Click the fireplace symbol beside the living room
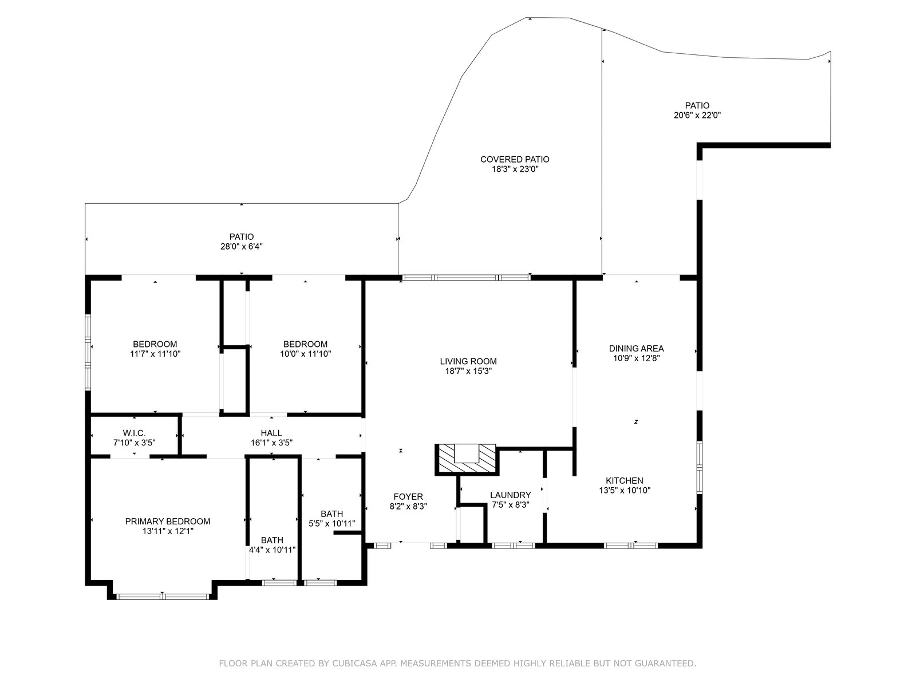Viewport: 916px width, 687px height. pyautogui.click(x=467, y=459)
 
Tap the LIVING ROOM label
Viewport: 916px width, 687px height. pyautogui.click(x=468, y=361)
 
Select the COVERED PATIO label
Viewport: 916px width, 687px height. pyautogui.click(x=515, y=159)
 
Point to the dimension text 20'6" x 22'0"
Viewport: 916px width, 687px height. pyautogui.click(x=697, y=116)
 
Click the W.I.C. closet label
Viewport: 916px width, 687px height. pyautogui.click(x=135, y=433)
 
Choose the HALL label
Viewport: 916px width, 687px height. pyautogui.click(x=271, y=433)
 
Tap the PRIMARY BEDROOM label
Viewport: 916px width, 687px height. pyautogui.click(x=168, y=522)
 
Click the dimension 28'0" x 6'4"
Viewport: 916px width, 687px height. pyautogui.click(x=241, y=247)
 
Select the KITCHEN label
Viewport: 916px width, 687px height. pyautogui.click(x=624, y=480)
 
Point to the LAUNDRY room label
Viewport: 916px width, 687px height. pyautogui.click(x=510, y=495)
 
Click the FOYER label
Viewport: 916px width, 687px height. pyautogui.click(x=408, y=496)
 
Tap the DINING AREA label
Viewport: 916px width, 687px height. pyautogui.click(x=636, y=348)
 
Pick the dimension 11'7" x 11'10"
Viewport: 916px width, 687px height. pyautogui.click(x=155, y=354)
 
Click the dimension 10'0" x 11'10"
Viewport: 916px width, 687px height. pyautogui.click(x=306, y=354)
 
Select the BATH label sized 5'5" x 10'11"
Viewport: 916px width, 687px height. pyautogui.click(x=331, y=514)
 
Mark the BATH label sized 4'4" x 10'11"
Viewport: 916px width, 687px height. pyautogui.click(x=272, y=540)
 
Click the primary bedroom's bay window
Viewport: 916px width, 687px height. pyautogui.click(x=163, y=597)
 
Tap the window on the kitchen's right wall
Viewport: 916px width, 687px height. pyautogui.click(x=700, y=468)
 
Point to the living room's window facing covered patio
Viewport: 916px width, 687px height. pyautogui.click(x=466, y=278)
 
